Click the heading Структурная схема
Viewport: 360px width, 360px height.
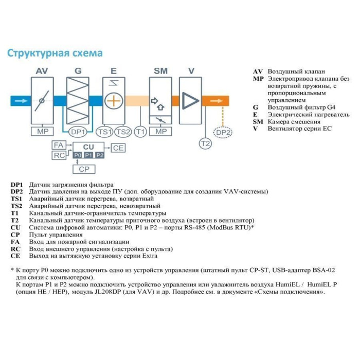(54, 53)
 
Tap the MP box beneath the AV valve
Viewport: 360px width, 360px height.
(42, 132)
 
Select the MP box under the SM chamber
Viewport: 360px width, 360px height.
(161, 132)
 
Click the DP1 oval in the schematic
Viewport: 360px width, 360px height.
(78, 132)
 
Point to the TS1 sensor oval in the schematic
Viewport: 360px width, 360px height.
(105, 132)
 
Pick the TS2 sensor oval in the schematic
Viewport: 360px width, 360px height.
(123, 132)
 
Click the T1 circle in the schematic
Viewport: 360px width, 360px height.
(140, 132)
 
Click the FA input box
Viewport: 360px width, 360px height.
(59, 146)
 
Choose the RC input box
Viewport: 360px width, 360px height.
(59, 155)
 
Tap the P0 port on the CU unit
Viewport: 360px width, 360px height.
(77, 155)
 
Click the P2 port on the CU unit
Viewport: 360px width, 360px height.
(100, 155)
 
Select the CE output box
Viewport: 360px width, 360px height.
(119, 148)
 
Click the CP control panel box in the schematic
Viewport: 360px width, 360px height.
(84, 168)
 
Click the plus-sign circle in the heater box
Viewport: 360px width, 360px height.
(113, 100)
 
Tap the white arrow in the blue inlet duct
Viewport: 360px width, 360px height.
(20, 101)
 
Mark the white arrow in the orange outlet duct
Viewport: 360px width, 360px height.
(212, 101)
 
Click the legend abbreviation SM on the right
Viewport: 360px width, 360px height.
(258, 122)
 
